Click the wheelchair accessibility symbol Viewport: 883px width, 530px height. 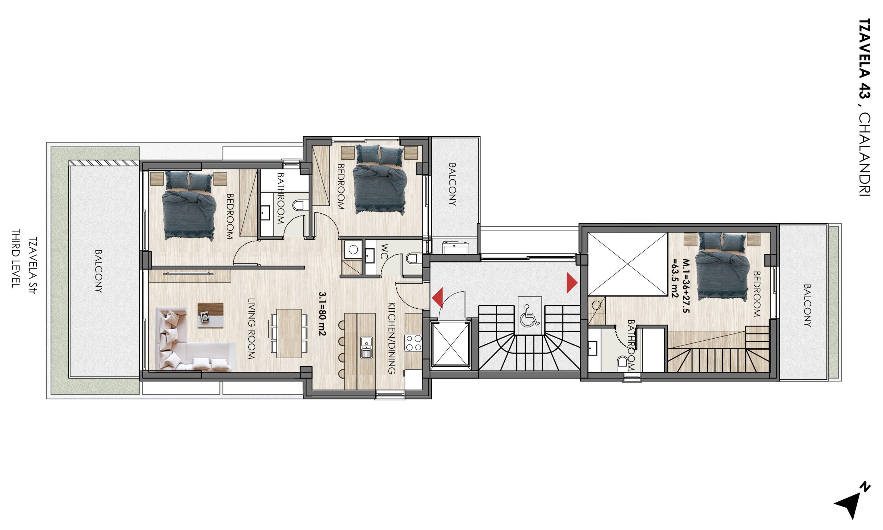coord(529,316)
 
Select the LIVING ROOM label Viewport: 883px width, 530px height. coord(252,329)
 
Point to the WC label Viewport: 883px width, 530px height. coord(384,252)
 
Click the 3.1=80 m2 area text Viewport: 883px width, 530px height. coord(322,314)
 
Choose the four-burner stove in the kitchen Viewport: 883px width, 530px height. coord(413,342)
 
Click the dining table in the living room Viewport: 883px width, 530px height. coord(289,333)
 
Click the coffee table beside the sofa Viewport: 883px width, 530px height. coord(210,316)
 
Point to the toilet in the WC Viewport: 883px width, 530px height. coord(412,258)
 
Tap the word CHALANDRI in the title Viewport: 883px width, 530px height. coord(864,154)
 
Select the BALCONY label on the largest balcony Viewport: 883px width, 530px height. coord(98,271)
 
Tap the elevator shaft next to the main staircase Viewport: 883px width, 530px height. coord(450,343)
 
